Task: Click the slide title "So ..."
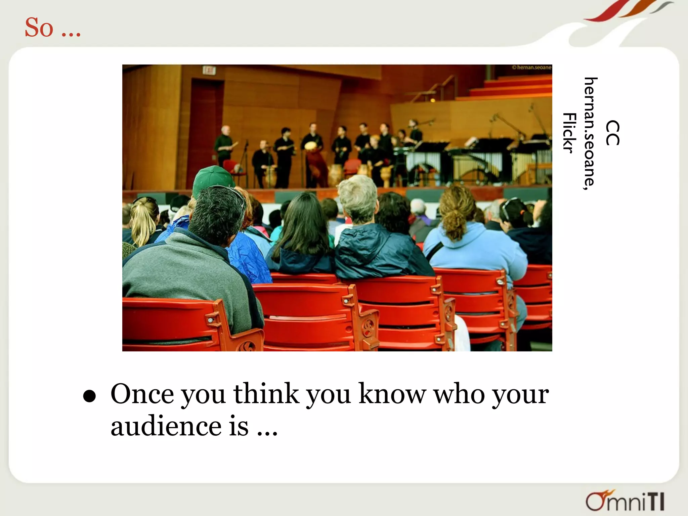53,28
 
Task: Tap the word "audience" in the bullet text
166,426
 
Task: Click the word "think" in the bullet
266,394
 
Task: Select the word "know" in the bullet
392,394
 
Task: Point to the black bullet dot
90,396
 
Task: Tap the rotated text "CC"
612,133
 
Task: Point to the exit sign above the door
209,71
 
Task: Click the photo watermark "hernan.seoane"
532,68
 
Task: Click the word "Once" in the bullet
142,394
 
